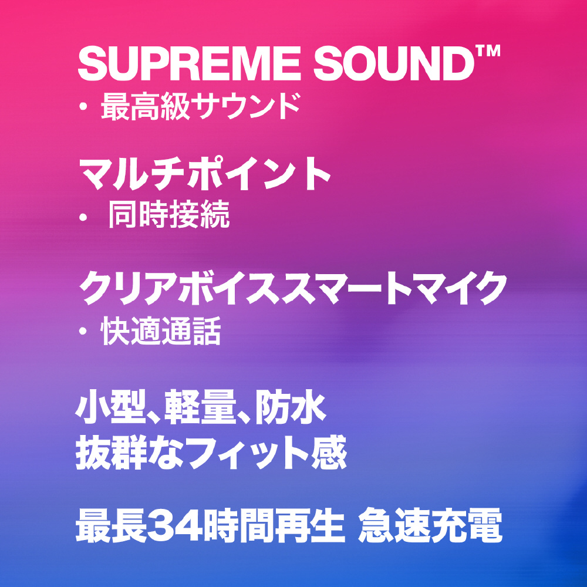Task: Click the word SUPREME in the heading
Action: pyautogui.click(x=189, y=63)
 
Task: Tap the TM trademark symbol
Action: pyautogui.click(x=488, y=51)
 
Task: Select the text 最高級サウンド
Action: pyautogui.click(x=200, y=106)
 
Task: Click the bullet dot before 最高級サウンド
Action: pyautogui.click(x=83, y=107)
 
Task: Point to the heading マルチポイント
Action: pyautogui.click(x=205, y=174)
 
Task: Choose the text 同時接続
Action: pyautogui.click(x=169, y=214)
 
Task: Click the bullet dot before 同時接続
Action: pyautogui.click(x=83, y=217)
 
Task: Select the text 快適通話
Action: pyautogui.click(x=161, y=331)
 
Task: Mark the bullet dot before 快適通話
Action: pyautogui.click(x=83, y=331)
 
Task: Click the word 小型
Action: pyautogui.click(x=110, y=407)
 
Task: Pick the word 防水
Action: pyautogui.click(x=290, y=407)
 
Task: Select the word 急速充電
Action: pyautogui.click(x=430, y=525)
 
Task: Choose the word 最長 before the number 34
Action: pyautogui.click(x=111, y=525)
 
